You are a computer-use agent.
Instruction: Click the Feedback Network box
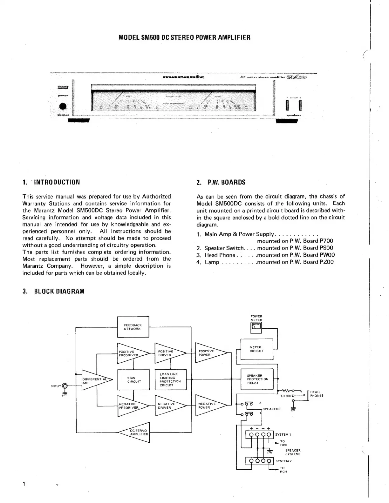pyautogui.click(x=133, y=327)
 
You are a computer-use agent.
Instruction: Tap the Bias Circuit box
pyautogui.click(x=133, y=379)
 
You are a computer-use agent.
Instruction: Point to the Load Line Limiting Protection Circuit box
pyautogui.click(x=170, y=379)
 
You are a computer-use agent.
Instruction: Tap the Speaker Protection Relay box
pyautogui.click(x=257, y=379)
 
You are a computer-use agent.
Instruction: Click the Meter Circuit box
pyautogui.click(x=257, y=349)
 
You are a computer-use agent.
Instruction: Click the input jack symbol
pyautogui.click(x=65, y=386)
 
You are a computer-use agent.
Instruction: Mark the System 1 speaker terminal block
pyautogui.click(x=260, y=435)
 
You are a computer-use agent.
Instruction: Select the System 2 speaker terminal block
pyautogui.click(x=260, y=461)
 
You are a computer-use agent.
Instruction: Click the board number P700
pyautogui.click(x=326, y=241)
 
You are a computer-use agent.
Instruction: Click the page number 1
pyautogui.click(x=24, y=484)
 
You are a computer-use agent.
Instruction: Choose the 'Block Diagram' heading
pyautogui.click(x=59, y=291)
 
